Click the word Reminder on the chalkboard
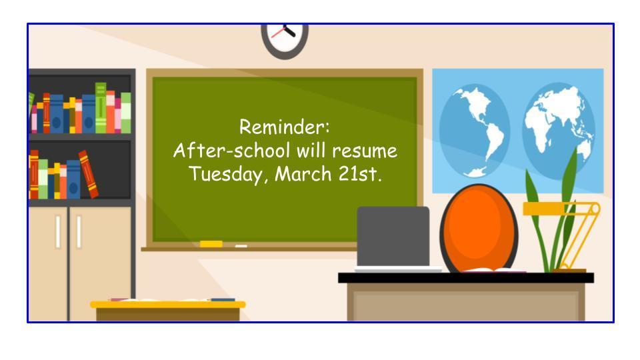coord(284,127)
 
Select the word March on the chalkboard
coord(303,174)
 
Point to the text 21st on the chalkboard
coord(359,174)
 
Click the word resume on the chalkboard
coord(365,151)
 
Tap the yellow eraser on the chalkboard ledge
coord(211,244)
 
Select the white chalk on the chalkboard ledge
coord(241,246)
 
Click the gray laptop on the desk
coord(393,239)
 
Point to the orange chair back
coord(479,228)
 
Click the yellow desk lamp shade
coord(543,209)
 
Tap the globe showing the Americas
coord(475,131)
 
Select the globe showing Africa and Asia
coord(559,131)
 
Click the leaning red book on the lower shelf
coord(88,174)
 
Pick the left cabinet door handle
coord(58,231)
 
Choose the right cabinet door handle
coord(79,231)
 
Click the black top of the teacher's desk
coord(466,278)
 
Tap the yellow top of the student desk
coord(168,305)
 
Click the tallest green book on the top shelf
coord(101,108)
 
